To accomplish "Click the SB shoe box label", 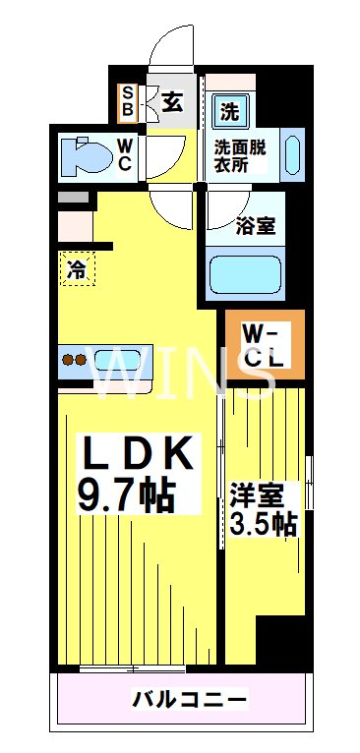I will [x=128, y=101].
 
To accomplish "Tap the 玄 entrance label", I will [x=171, y=101].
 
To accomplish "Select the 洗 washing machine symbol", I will [x=228, y=111].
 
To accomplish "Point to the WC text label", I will [x=125, y=155].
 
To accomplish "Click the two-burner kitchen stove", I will [x=75, y=359].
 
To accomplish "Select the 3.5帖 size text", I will [x=263, y=523].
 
